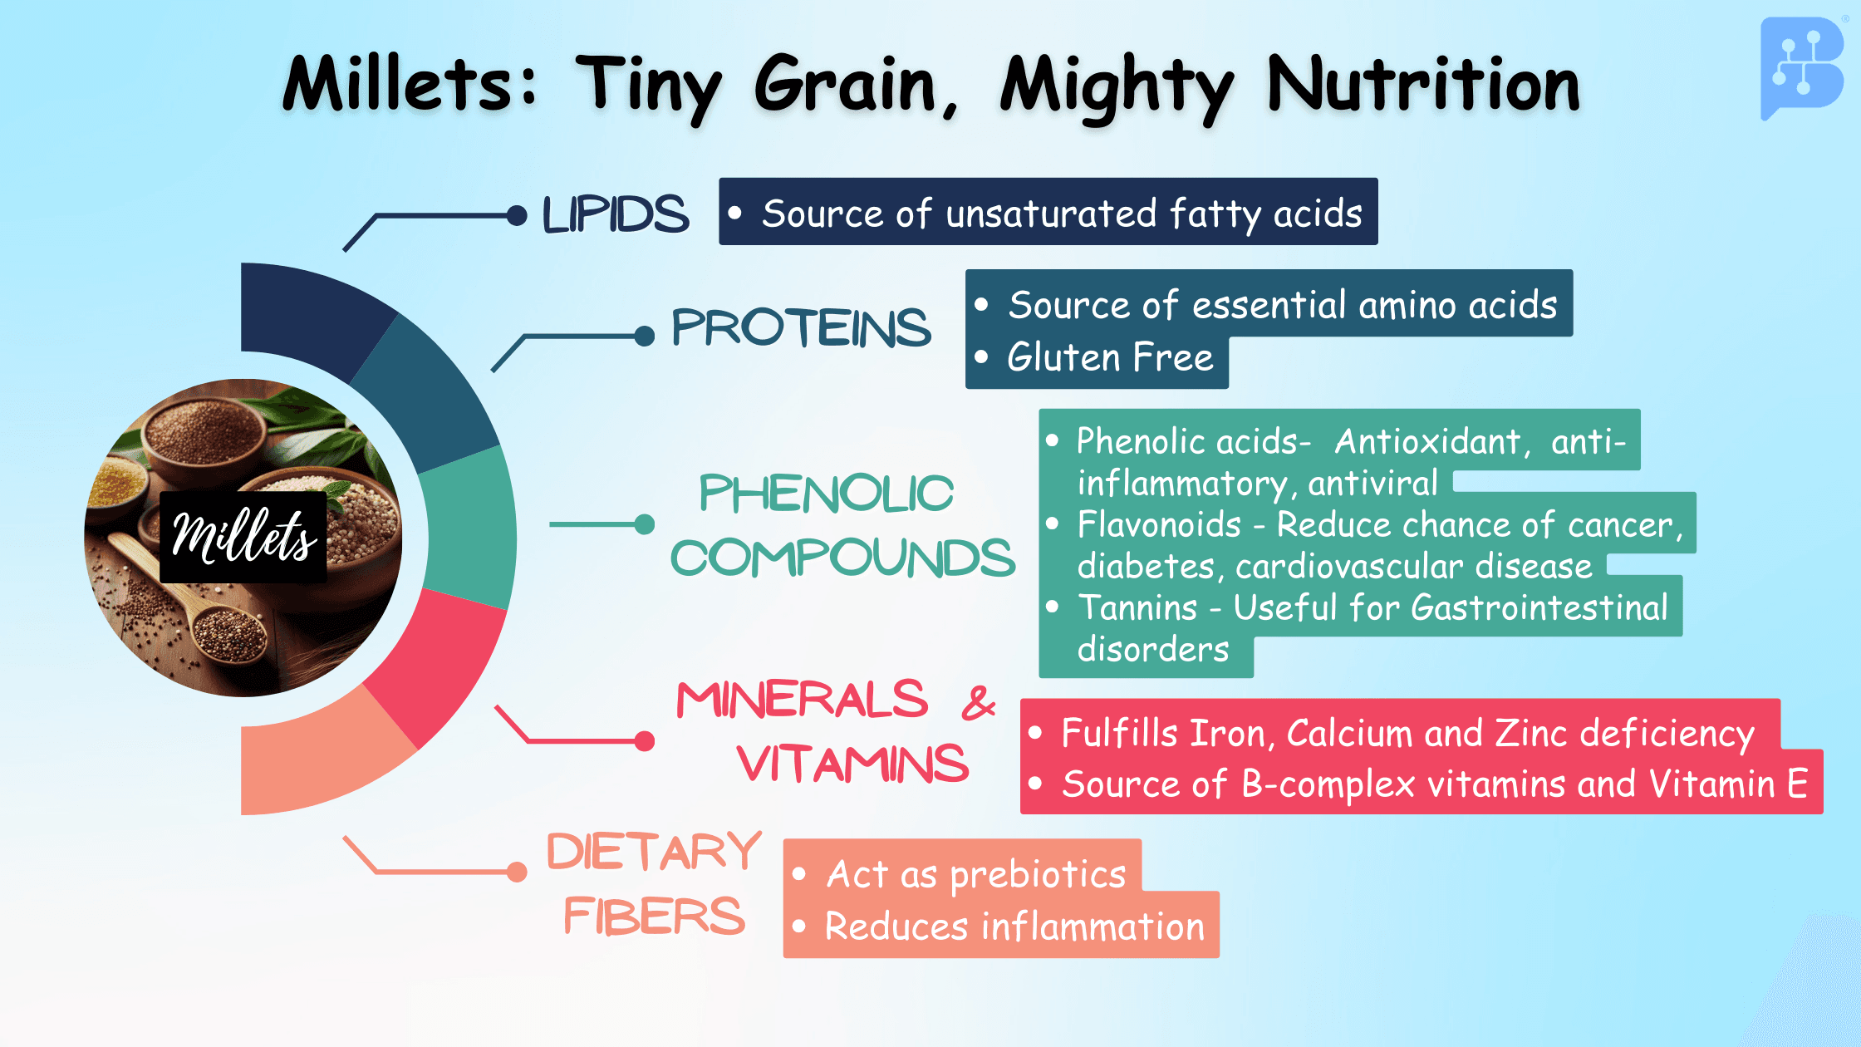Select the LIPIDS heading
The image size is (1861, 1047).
pos(616,214)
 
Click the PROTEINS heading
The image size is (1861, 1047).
pos(801,327)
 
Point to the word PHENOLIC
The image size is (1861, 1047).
pos(826,494)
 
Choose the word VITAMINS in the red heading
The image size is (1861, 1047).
pos(853,764)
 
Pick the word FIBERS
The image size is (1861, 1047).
pos(655,916)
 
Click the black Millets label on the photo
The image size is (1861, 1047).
pos(243,536)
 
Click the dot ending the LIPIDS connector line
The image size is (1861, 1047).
pos(517,216)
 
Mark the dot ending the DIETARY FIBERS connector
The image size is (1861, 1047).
pos(517,872)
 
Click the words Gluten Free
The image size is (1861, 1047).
pos(1110,358)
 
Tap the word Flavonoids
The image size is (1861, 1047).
pos(1159,525)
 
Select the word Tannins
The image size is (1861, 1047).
pos(1137,608)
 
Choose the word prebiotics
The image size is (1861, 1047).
pos(1038,876)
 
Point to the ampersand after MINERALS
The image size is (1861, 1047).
pos(979,702)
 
